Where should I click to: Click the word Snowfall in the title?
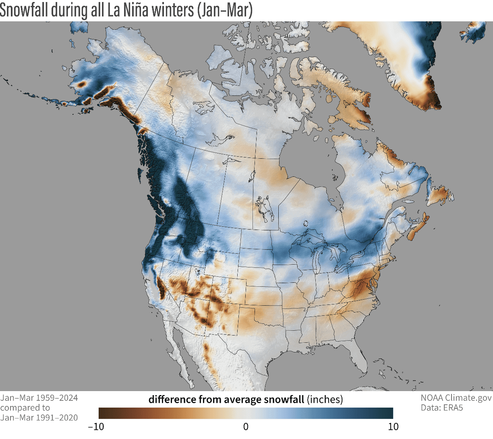click(25, 10)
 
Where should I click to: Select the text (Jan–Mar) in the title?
click(224, 10)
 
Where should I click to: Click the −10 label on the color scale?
click(95, 427)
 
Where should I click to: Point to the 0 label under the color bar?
click(246, 427)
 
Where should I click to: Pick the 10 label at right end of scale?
click(393, 427)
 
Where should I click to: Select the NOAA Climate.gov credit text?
click(456, 398)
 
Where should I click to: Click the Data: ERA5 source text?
click(442, 408)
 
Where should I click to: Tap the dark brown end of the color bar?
click(102, 413)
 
